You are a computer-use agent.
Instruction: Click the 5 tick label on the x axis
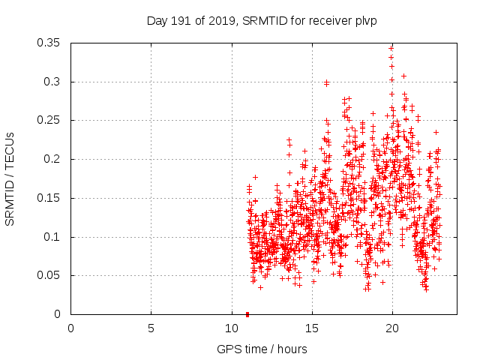(x=151, y=328)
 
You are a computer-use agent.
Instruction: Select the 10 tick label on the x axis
(x=231, y=328)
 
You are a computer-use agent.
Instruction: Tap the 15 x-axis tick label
(x=311, y=328)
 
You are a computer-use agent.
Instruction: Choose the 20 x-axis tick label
(x=391, y=328)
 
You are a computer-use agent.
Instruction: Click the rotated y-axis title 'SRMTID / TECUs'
(x=10, y=178)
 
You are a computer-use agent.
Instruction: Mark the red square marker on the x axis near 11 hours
(x=247, y=313)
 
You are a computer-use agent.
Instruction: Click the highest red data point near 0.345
(x=391, y=47)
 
